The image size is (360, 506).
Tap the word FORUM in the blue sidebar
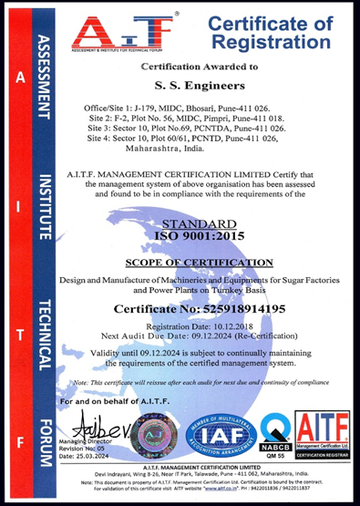pos(42,425)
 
